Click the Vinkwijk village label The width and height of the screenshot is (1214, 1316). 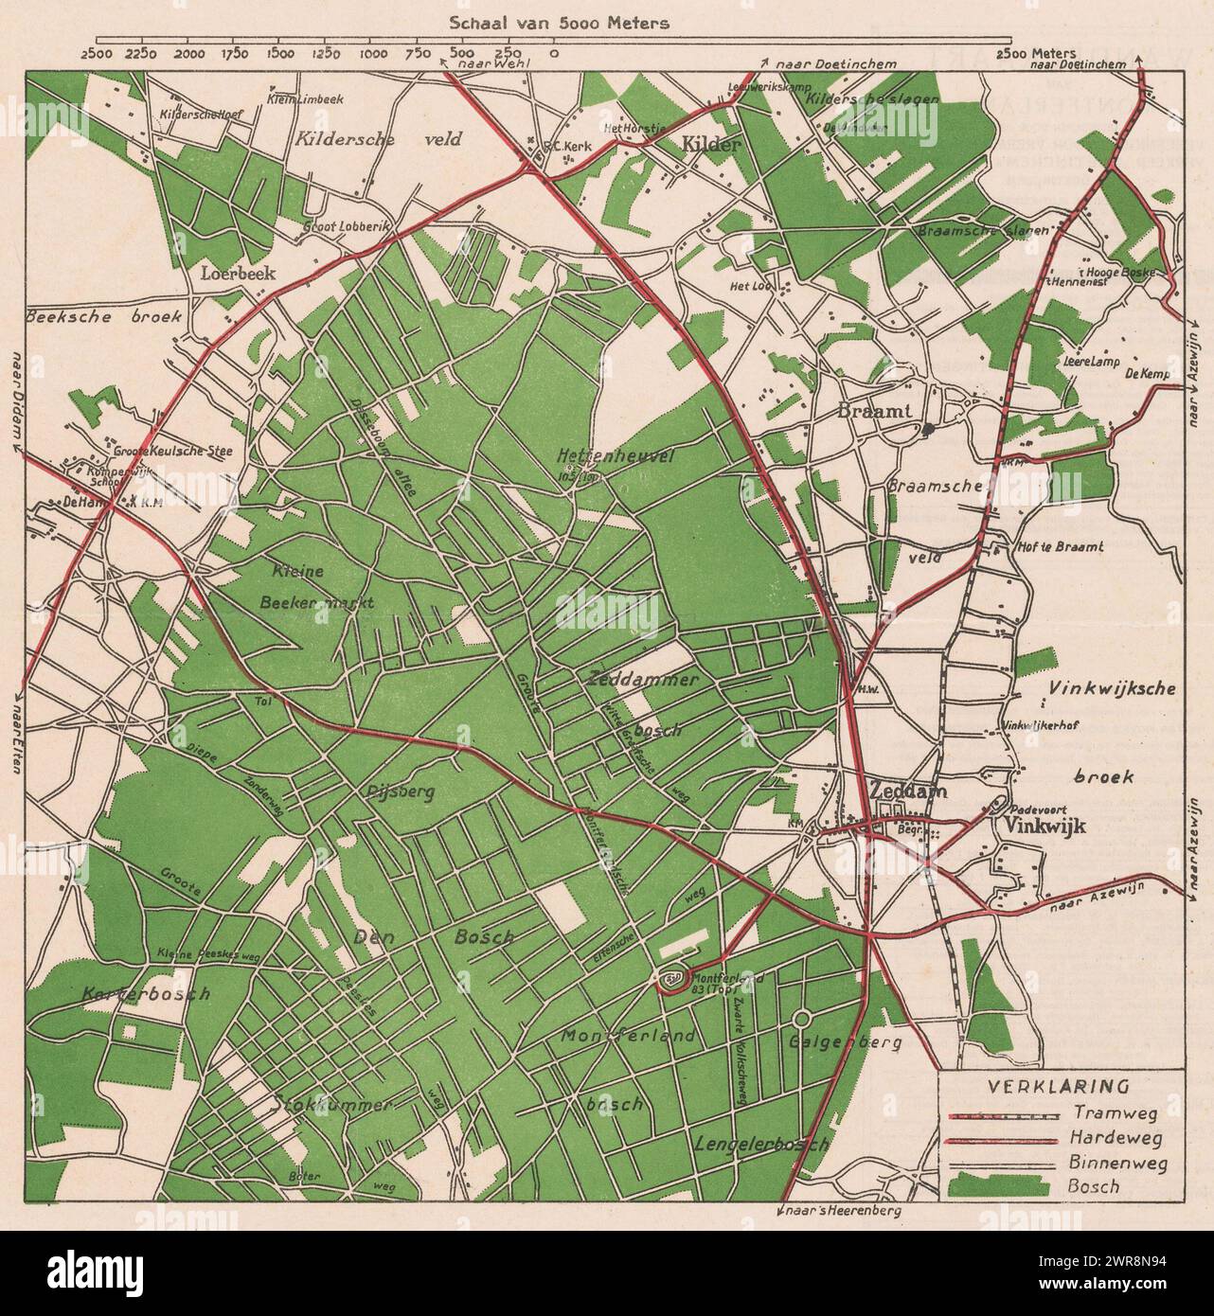click(1035, 827)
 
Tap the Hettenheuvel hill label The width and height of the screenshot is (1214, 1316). click(616, 456)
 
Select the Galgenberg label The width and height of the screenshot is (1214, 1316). click(845, 1041)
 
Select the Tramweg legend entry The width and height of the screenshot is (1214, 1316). click(1107, 1112)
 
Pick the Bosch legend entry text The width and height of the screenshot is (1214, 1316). click(1098, 1186)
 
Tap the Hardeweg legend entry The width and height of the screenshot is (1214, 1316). click(1111, 1137)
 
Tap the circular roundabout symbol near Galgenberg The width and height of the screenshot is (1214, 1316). click(800, 1020)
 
